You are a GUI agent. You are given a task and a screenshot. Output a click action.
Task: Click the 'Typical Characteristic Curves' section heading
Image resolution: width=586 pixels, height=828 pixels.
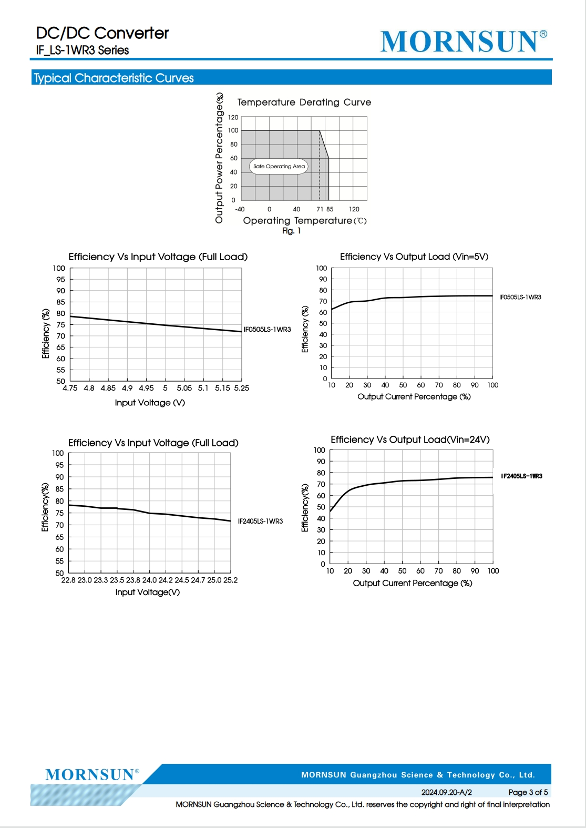pyautogui.click(x=114, y=78)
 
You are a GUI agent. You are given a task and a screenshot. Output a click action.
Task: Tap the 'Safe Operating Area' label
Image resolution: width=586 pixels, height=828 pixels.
pyautogui.click(x=279, y=166)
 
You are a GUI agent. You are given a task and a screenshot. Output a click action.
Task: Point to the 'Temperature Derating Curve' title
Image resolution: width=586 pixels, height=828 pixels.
pyautogui.click(x=304, y=102)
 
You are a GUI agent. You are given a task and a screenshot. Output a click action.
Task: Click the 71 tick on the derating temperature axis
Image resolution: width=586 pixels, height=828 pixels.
pyautogui.click(x=320, y=209)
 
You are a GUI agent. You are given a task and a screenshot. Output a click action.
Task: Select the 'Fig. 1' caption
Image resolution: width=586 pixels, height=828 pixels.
pyautogui.click(x=292, y=231)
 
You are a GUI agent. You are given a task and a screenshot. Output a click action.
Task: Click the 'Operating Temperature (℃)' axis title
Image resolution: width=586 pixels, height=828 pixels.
pyautogui.click(x=305, y=221)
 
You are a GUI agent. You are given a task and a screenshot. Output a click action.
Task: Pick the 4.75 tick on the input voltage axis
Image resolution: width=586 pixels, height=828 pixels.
pyautogui.click(x=70, y=388)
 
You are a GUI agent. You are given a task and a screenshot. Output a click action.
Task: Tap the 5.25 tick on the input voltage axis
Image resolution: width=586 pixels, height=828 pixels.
pyautogui.click(x=242, y=388)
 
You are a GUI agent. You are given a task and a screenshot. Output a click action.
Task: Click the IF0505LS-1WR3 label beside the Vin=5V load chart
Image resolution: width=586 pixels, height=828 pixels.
pyautogui.click(x=520, y=297)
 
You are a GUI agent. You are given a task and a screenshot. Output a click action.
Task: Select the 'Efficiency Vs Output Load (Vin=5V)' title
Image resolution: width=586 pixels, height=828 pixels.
pyautogui.click(x=414, y=257)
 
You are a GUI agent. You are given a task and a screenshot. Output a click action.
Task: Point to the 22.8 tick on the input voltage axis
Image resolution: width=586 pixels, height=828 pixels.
pyautogui.click(x=68, y=580)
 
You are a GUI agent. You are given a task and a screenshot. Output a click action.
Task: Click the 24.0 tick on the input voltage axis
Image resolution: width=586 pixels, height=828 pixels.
pyautogui.click(x=150, y=580)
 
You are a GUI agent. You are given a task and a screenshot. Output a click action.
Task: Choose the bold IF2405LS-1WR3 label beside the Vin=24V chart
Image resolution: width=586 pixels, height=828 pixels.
pyautogui.click(x=522, y=476)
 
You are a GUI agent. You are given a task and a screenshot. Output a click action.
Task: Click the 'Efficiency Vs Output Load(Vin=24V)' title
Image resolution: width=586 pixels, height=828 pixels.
pyautogui.click(x=410, y=439)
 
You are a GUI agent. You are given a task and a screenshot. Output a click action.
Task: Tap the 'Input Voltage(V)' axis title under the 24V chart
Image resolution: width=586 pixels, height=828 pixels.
pyautogui.click(x=148, y=592)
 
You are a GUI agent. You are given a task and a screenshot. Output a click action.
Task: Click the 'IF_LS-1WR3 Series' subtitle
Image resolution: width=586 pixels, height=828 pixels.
pyautogui.click(x=83, y=50)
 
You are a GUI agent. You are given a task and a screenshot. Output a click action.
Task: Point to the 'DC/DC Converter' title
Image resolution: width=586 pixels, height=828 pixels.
pyautogui.click(x=102, y=33)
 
